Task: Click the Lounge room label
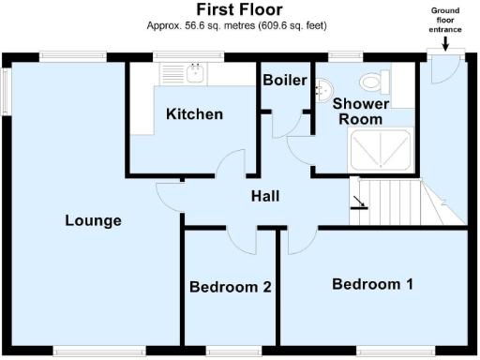click(x=93, y=221)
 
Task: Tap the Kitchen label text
click(x=194, y=114)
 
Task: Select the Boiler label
click(x=284, y=81)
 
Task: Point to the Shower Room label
click(x=358, y=112)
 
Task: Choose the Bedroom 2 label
click(x=230, y=287)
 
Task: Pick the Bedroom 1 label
click(x=372, y=283)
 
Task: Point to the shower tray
click(x=380, y=151)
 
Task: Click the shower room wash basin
click(x=324, y=87)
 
